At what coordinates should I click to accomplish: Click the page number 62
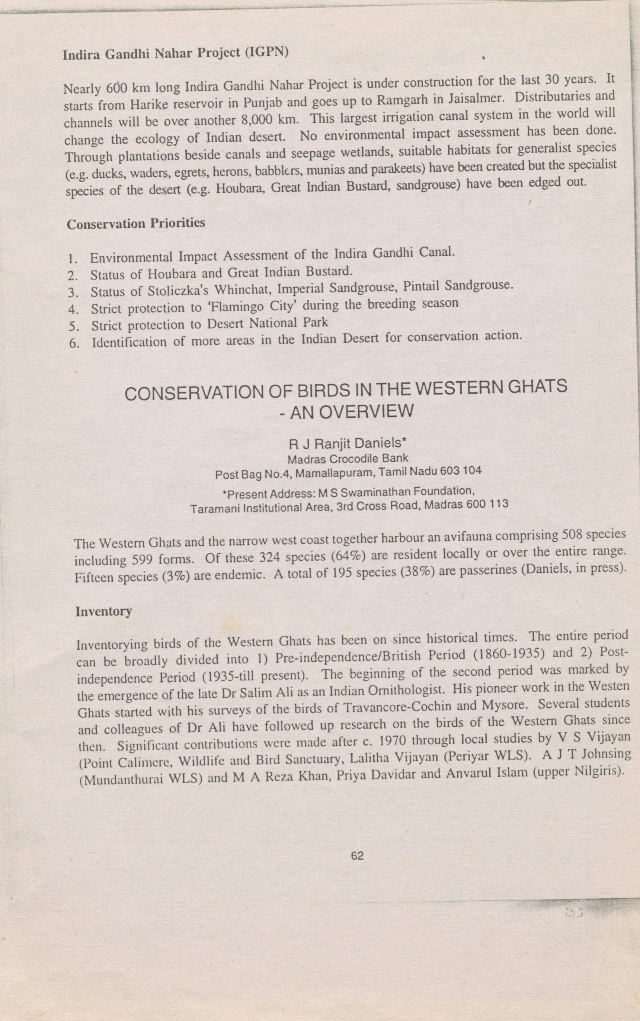pyautogui.click(x=357, y=856)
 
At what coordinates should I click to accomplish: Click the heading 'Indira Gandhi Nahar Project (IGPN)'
pyautogui.click(x=176, y=53)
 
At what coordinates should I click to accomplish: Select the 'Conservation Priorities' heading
pyautogui.click(x=136, y=223)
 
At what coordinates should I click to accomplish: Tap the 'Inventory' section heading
pyautogui.click(x=104, y=611)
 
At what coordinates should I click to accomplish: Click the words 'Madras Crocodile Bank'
pyautogui.click(x=348, y=459)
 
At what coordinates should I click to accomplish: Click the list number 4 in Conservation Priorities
pyautogui.click(x=73, y=309)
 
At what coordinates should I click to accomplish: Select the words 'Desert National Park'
pyautogui.click(x=267, y=323)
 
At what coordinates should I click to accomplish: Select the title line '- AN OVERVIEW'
pyautogui.click(x=346, y=411)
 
